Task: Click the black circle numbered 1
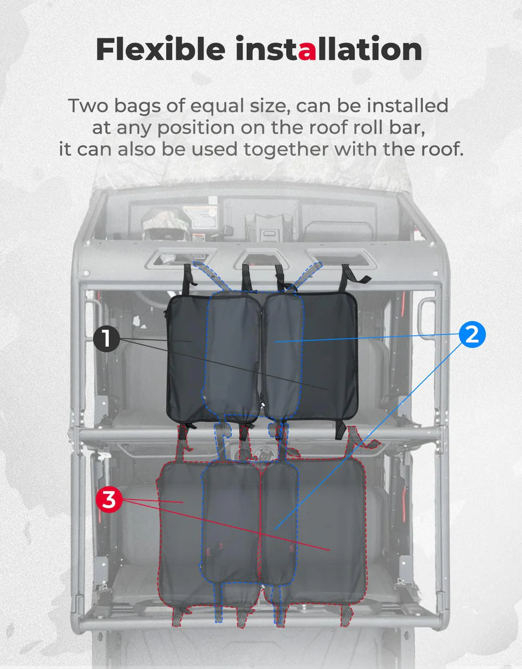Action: point(106,338)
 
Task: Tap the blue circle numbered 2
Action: point(472,334)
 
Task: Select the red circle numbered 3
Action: point(109,499)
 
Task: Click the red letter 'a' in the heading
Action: point(307,50)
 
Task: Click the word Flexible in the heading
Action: point(160,49)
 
